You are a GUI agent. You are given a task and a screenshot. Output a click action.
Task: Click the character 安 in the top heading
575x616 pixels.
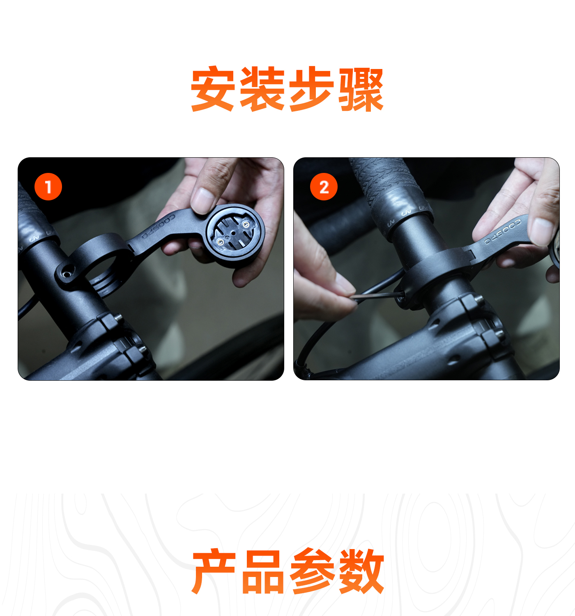coord(213,88)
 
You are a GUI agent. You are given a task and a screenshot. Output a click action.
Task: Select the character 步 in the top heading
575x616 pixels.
coord(311,88)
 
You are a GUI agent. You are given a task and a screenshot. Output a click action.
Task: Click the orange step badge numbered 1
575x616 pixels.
coord(48,187)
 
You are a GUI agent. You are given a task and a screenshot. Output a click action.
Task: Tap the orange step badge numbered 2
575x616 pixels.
coord(324,187)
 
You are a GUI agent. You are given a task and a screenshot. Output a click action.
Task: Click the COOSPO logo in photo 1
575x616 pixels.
coord(158,226)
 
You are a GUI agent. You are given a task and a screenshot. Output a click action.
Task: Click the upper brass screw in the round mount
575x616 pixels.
coord(246,224)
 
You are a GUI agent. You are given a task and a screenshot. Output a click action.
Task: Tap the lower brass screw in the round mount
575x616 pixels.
coord(220,242)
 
